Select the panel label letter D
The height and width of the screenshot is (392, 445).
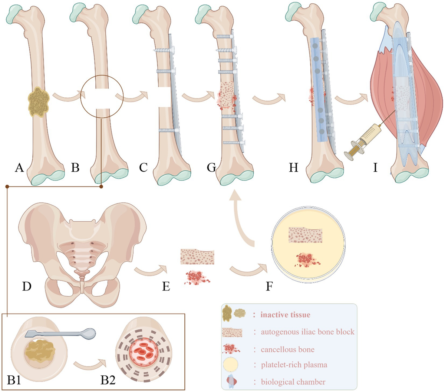coord(26,286)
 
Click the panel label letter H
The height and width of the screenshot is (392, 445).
coord(293,168)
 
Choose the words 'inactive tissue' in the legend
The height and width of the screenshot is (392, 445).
coord(285,315)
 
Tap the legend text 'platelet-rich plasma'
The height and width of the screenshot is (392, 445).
coord(294,365)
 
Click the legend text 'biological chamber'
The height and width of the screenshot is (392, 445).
coord(293,382)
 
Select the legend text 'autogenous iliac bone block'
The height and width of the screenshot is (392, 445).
coord(307,332)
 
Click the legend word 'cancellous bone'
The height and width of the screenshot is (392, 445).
coord(287,349)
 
